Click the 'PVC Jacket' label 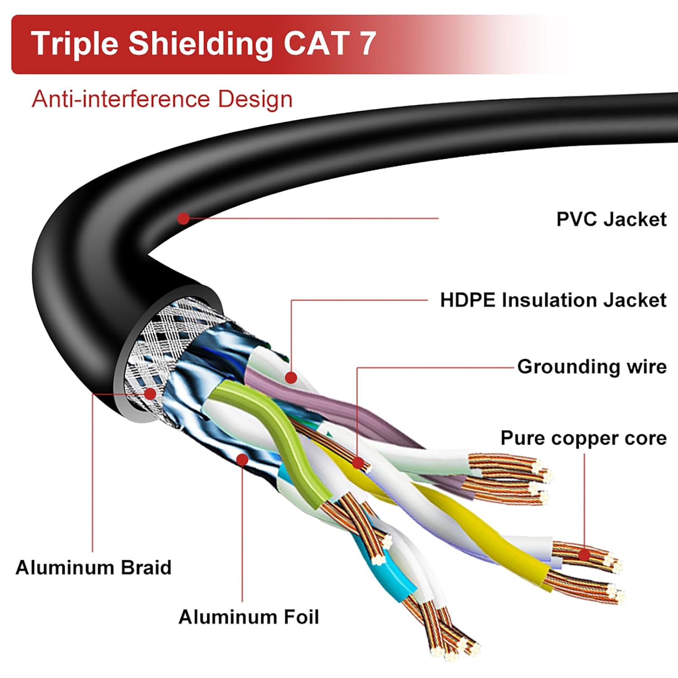click(611, 219)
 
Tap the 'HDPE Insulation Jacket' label click(553, 300)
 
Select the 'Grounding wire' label click(592, 367)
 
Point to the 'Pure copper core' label click(583, 438)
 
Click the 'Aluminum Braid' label click(94, 568)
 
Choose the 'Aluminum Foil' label click(249, 617)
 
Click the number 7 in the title click(367, 43)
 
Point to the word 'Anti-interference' click(121, 99)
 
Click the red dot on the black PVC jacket click(183, 219)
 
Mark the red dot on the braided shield click(150, 394)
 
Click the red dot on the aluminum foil click(242, 460)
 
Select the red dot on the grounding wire click(358, 463)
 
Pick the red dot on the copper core click(584, 554)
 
